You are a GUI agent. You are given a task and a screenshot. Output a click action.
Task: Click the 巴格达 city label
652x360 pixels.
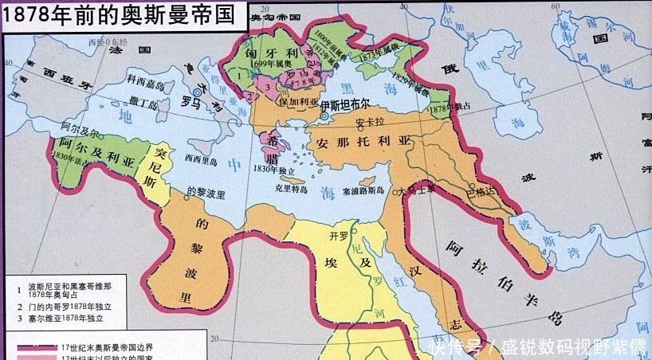click(481, 192)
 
